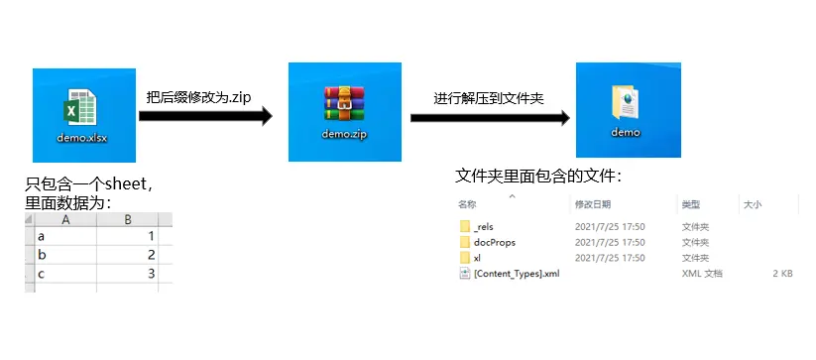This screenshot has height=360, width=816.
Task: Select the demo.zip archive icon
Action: tap(344, 103)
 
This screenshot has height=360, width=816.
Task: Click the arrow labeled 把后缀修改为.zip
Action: tap(204, 116)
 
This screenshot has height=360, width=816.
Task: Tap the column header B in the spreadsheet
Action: tap(128, 220)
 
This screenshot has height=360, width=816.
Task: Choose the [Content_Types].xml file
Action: tap(516, 273)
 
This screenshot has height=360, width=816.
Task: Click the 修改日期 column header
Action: tap(593, 204)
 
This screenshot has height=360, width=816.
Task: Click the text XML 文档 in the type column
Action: tap(701, 273)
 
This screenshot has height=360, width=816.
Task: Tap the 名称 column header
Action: tap(467, 204)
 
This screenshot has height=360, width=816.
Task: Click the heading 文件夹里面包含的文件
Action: tap(538, 177)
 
